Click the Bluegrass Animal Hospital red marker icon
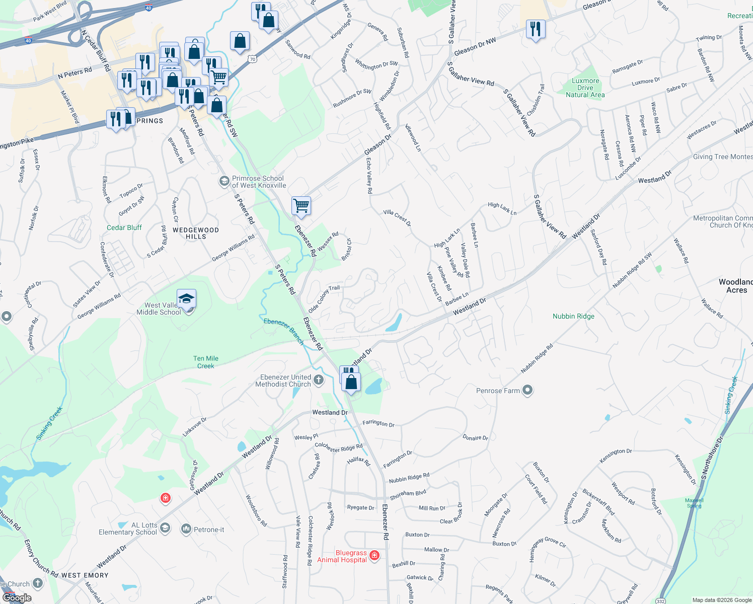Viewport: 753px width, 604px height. point(374,555)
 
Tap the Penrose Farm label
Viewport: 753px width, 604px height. point(498,391)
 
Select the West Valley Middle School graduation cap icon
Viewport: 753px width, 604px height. point(186,299)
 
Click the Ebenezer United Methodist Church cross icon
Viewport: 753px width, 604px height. point(318,380)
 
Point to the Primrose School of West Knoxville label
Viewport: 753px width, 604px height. point(259,182)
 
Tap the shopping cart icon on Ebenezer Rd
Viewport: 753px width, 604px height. point(301,205)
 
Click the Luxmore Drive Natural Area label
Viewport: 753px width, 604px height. point(585,88)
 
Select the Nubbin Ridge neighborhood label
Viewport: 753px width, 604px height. point(573,316)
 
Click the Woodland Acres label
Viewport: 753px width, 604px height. point(736,286)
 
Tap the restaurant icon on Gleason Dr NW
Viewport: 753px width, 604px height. point(536,29)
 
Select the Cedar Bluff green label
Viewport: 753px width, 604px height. point(124,228)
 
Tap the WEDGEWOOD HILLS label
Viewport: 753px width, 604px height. point(196,233)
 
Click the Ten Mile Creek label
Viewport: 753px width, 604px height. point(206,362)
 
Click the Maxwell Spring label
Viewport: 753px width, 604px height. point(694,503)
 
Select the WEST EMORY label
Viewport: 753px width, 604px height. point(85,575)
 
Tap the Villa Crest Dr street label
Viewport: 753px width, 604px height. point(397,218)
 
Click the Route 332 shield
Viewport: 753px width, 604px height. point(661,600)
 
